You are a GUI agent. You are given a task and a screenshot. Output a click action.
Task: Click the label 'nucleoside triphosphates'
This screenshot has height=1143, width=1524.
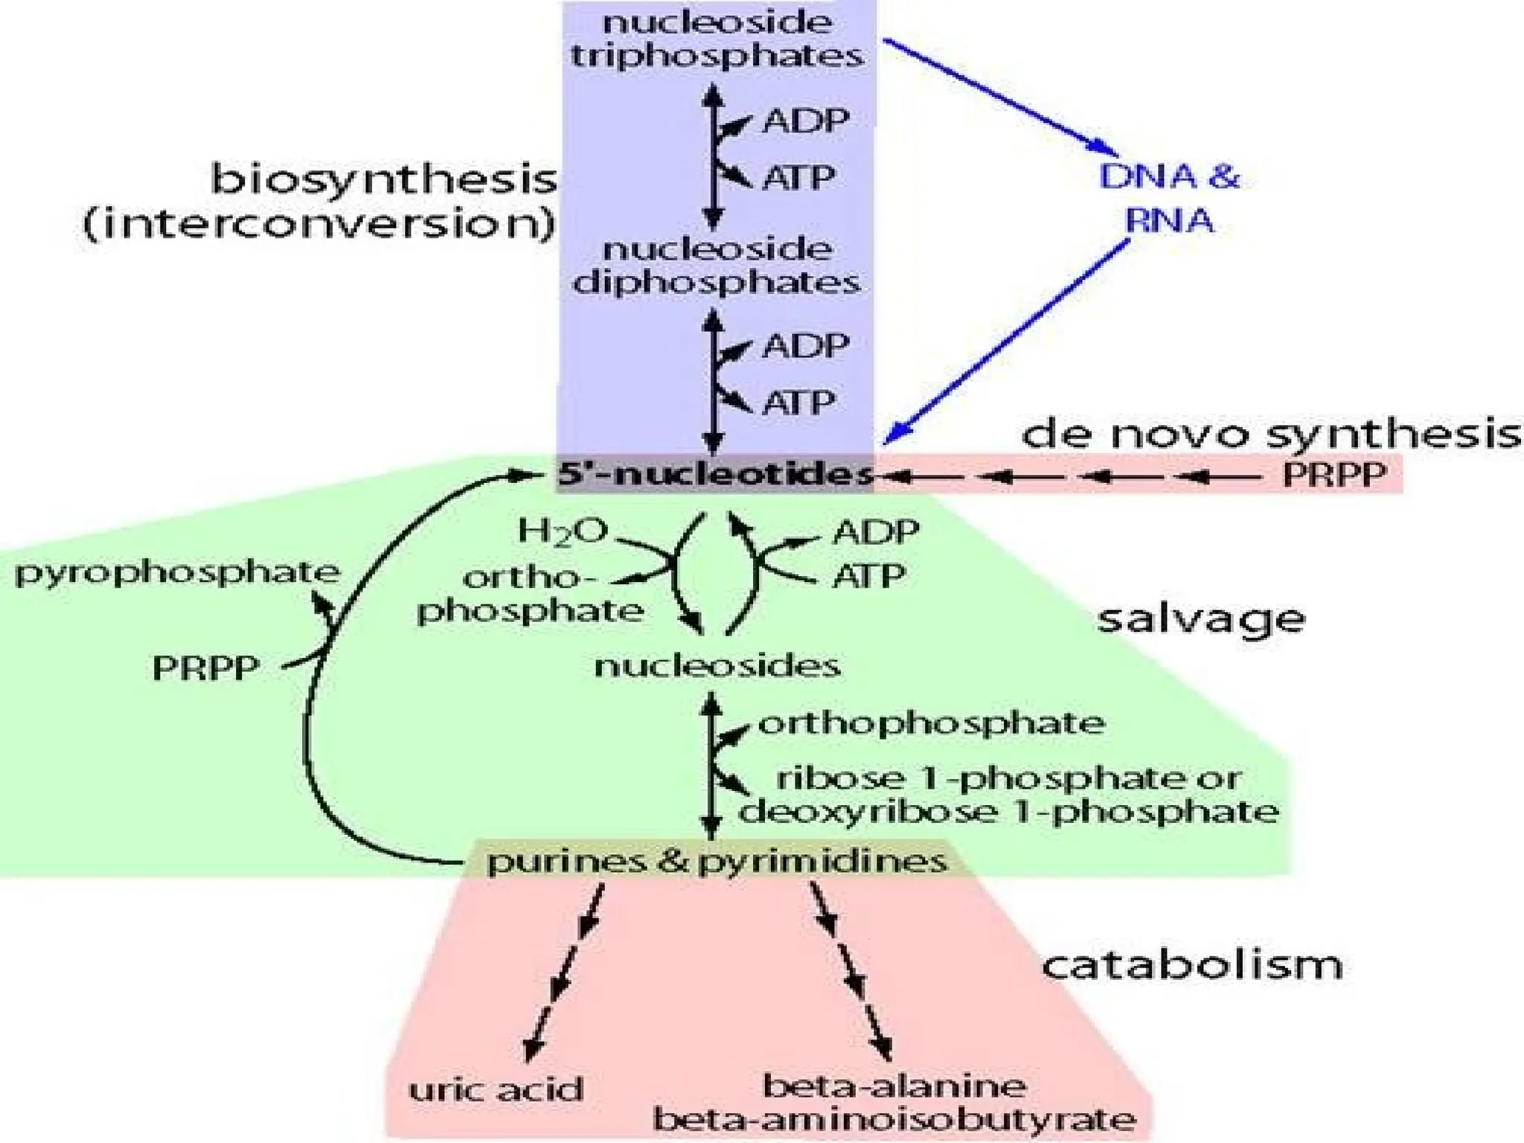coord(717,39)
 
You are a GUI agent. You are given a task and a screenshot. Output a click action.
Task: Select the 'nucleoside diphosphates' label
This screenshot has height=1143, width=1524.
coord(717,266)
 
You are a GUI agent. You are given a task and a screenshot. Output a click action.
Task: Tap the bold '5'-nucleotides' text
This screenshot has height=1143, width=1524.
coord(714,474)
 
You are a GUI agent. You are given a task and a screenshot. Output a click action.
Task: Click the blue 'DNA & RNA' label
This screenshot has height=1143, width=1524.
coord(1170,198)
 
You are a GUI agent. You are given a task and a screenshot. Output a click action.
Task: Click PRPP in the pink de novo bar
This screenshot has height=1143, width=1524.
coord(1334,475)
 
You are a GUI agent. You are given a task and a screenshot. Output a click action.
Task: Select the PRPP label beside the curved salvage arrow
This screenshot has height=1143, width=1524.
coord(205,667)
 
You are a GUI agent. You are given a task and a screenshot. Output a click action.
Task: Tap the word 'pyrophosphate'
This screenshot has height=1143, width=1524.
coord(177,572)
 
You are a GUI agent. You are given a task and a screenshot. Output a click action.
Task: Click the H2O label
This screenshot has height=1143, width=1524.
coord(563,531)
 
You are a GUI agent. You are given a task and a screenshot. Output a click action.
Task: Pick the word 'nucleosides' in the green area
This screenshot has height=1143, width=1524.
coord(717,665)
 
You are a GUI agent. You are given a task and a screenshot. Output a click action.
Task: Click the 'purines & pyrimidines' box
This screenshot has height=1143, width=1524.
coord(717,862)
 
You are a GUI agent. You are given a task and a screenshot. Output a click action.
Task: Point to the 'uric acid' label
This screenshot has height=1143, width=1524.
coord(496,1089)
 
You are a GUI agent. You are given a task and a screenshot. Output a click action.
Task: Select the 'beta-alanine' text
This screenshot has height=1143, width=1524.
coord(894,1086)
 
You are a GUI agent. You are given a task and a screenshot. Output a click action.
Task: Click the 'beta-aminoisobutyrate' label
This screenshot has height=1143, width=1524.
coord(894,1118)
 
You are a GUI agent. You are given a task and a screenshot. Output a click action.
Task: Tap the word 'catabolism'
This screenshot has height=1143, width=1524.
coord(1192,964)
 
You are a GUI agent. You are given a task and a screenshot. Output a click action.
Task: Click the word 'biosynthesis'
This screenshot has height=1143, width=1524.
coord(384,179)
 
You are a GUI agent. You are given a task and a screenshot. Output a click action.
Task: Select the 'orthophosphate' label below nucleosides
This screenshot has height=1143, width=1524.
coord(931,723)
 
